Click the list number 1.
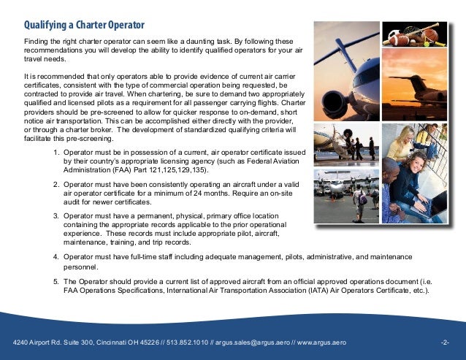(x=57, y=153)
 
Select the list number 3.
(x=57, y=216)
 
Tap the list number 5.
(x=57, y=281)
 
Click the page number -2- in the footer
(x=446, y=342)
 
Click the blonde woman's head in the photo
(x=410, y=164)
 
